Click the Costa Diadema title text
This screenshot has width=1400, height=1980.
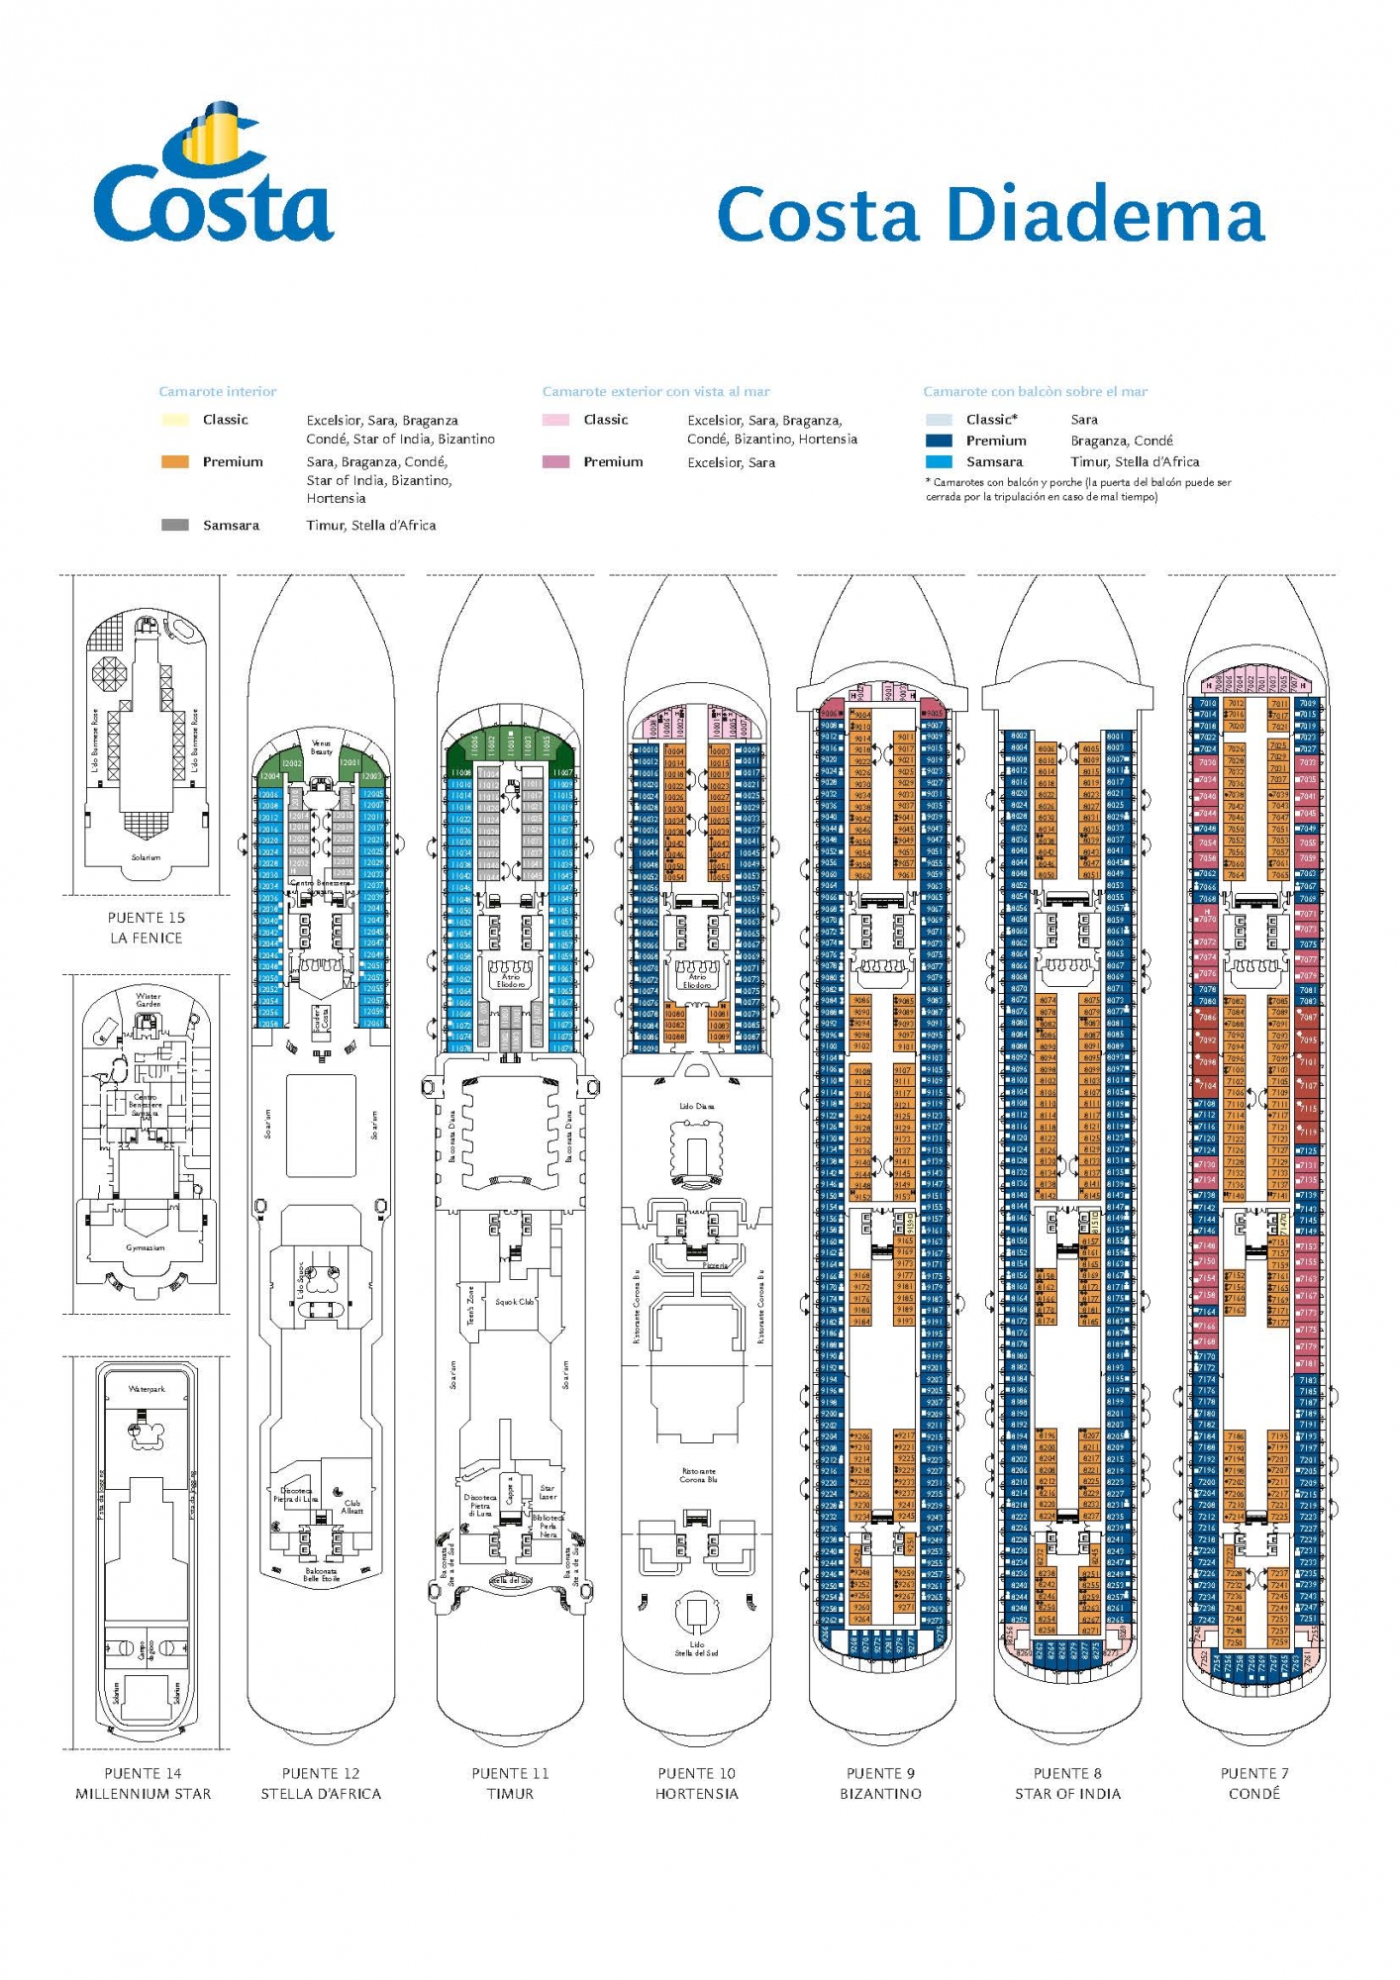click(990, 214)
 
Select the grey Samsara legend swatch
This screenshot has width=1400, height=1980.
click(175, 525)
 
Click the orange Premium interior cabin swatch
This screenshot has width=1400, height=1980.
click(175, 461)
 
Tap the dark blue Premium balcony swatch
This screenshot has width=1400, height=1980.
click(939, 441)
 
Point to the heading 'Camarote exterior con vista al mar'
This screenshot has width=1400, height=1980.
click(655, 391)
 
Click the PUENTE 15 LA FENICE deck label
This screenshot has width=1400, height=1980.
click(147, 928)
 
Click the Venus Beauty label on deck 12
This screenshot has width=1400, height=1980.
click(322, 747)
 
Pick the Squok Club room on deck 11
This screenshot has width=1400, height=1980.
click(514, 1302)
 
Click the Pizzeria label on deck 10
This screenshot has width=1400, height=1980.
click(715, 1265)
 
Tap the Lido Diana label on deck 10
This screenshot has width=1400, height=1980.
click(697, 1106)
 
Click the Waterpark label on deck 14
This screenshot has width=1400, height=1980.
click(147, 1389)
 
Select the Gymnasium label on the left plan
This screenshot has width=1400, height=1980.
click(146, 1247)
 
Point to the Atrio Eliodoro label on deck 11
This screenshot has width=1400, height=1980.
click(511, 981)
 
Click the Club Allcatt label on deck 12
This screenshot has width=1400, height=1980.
click(352, 1507)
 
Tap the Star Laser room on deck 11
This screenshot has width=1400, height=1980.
click(548, 1492)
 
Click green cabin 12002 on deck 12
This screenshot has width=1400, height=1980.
click(292, 764)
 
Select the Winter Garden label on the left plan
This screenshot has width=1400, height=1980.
click(149, 1000)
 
